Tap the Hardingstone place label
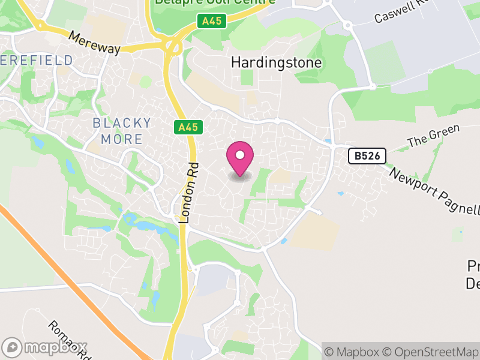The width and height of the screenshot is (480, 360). pyautogui.click(x=277, y=62)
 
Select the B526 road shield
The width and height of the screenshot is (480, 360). pyautogui.click(x=367, y=156)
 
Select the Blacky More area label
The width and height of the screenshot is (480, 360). pyautogui.click(x=122, y=131)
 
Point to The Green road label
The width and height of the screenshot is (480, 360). pyautogui.click(x=433, y=136)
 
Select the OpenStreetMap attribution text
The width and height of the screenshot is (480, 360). pyautogui.click(x=431, y=352)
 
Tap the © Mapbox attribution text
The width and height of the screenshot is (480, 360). pyautogui.click(x=353, y=352)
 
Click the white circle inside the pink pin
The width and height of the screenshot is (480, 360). pyautogui.click(x=240, y=155)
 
